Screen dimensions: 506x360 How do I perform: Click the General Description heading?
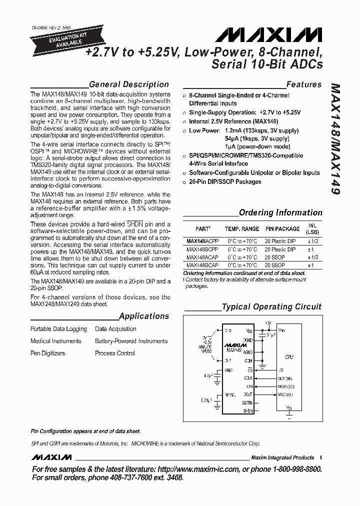tap(128, 84)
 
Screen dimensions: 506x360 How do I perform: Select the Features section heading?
tap(303, 84)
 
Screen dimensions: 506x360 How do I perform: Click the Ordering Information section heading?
tap(280, 212)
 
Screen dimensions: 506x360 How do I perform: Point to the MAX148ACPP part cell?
tap(202, 241)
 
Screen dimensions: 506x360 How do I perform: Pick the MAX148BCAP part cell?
tap(202, 265)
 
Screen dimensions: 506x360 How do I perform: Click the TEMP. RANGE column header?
tap(242, 228)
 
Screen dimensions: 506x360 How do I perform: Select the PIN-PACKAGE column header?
tap(283, 228)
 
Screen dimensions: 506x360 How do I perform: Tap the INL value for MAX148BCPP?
tap(310, 249)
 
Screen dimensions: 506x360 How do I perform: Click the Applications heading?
tap(144, 316)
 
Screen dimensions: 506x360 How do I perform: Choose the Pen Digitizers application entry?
tap(48, 353)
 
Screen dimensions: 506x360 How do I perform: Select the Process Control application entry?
tap(115, 353)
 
